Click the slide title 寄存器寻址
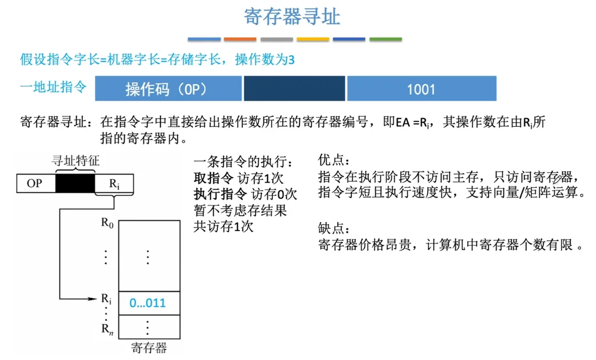292,17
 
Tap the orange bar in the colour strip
240,39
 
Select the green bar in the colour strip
385,39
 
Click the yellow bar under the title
313,39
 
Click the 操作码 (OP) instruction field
168,89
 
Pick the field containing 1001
422,89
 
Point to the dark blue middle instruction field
294,89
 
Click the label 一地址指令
53,87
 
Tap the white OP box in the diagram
36,183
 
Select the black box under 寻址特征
75,183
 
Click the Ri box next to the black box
115,183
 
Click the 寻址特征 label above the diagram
75,161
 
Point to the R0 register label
107,223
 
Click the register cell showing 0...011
149,304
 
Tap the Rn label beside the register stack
107,329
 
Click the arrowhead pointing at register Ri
92,299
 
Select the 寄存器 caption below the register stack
149,347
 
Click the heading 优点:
334,160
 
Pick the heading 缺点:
334,228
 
